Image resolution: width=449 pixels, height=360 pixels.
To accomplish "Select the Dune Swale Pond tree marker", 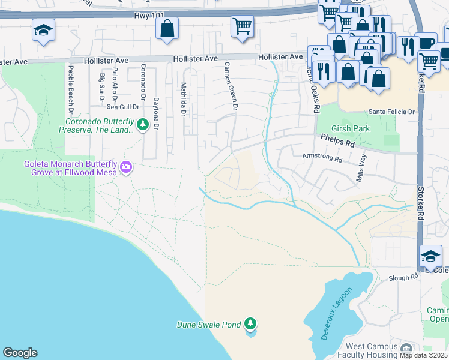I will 251,325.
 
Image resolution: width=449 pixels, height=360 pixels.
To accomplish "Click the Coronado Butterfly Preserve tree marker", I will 143,125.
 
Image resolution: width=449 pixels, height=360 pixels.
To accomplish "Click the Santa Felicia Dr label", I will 391,112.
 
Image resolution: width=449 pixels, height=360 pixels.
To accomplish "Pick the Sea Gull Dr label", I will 122,107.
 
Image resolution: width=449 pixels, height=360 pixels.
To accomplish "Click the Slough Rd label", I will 403,277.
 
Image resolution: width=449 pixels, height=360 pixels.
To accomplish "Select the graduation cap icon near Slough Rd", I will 430,256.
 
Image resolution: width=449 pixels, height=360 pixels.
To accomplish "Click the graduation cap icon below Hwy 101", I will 43,29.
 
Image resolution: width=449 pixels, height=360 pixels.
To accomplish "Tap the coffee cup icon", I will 426,43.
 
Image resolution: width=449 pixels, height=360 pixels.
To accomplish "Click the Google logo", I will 20,353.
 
